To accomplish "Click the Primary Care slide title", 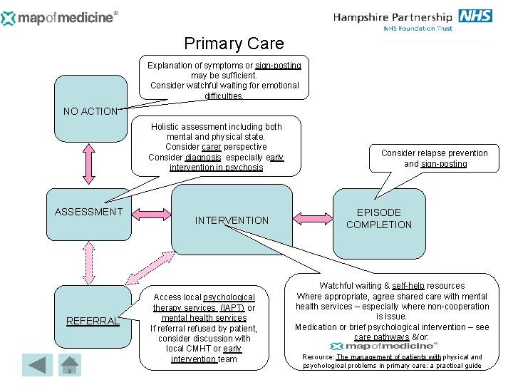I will [x=234, y=43].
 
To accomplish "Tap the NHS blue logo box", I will [x=475, y=16].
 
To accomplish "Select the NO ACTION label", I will [x=90, y=111].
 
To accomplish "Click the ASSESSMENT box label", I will [x=89, y=212].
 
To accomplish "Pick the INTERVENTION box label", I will [x=232, y=220].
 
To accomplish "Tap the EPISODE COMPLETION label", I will [x=379, y=218].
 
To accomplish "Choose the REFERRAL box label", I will [x=92, y=321].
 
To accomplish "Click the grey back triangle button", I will [x=36, y=365].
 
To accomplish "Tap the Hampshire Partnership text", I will [x=393, y=17].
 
